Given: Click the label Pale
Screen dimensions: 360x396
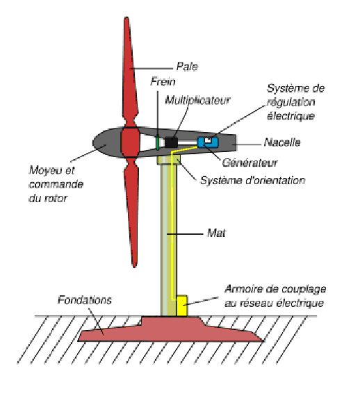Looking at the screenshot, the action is click(x=187, y=67).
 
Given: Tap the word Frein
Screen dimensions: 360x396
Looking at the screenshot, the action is click(x=163, y=82).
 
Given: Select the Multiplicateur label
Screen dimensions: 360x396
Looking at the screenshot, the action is click(x=197, y=100).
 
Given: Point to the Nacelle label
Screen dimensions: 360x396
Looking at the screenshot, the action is click(x=282, y=142).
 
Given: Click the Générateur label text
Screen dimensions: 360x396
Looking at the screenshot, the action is click(x=249, y=163).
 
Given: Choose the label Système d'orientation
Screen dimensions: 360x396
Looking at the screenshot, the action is click(x=252, y=181).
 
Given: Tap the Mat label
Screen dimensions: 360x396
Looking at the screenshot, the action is click(x=216, y=233).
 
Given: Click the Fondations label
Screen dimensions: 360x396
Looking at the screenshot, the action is click(x=85, y=300).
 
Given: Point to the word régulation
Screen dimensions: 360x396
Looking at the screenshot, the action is click(x=291, y=102).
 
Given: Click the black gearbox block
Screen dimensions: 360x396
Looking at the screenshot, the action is click(x=171, y=142).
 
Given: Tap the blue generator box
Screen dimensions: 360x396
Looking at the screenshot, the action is click(x=208, y=142).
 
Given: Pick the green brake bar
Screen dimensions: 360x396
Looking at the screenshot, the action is click(x=158, y=142).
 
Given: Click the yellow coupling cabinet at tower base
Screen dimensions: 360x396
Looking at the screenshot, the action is click(x=182, y=306).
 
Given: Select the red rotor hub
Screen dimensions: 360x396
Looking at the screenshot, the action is click(x=130, y=142).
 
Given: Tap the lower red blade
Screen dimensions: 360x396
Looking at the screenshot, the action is click(x=132, y=212).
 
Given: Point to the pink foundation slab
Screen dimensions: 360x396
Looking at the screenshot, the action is click(x=170, y=329).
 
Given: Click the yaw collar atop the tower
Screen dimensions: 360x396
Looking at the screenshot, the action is click(x=168, y=160).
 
